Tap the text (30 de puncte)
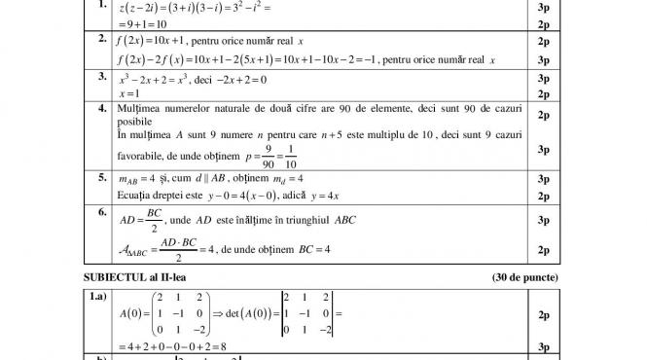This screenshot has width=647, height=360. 525,276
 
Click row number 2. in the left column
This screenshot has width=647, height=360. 102,40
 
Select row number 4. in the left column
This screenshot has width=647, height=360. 102,108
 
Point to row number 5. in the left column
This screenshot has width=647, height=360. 102,177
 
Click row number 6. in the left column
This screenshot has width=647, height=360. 102,210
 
